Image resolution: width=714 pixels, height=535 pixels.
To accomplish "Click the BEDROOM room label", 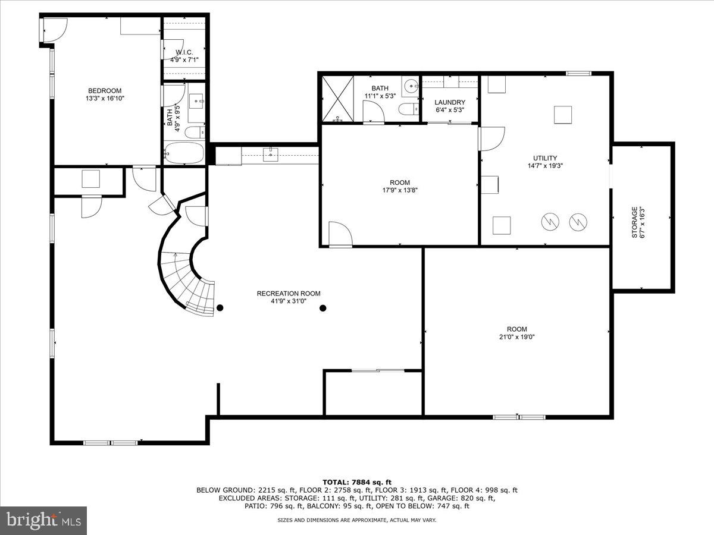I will pos(105,90).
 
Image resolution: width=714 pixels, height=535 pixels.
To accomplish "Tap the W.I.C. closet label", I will pos(184,52).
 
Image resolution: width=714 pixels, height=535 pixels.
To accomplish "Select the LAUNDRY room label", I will pos(449,102).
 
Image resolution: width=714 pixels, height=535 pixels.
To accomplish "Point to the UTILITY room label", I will pos(545,158).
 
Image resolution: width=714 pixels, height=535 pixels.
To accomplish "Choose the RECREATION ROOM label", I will pos(289,293).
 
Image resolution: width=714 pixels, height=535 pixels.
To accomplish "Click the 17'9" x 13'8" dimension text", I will pos(400,191).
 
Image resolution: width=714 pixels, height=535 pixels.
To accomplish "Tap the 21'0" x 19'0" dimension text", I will pos(516,337).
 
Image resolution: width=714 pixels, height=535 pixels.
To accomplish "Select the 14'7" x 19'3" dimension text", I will pos(545,166).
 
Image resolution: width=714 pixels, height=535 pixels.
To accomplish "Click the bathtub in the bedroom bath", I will pos(184,153).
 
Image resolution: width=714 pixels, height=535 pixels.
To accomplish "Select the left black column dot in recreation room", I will pos(220,308).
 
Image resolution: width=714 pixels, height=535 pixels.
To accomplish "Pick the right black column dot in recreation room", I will pos(323,308).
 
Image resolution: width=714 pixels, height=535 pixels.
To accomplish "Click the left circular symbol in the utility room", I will pos(550,222).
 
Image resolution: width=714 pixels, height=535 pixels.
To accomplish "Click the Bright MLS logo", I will pos(43,520).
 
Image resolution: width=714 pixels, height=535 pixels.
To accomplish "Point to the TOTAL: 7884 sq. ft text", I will pos(357,482).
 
